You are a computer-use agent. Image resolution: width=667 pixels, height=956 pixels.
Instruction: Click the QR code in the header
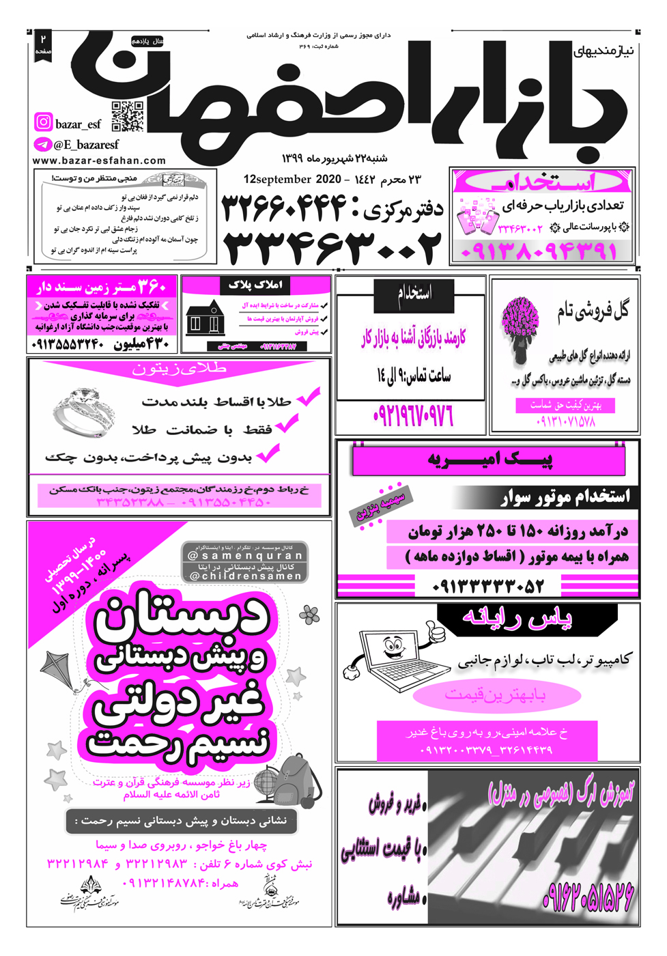[128, 116]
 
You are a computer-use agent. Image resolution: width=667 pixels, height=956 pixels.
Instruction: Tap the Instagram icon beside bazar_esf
[43, 122]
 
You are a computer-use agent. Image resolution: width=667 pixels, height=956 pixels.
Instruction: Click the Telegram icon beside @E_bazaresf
[42, 145]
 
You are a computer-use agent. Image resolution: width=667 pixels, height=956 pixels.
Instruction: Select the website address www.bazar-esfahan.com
[99, 160]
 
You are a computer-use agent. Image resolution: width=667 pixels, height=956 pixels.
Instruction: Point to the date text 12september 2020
[292, 180]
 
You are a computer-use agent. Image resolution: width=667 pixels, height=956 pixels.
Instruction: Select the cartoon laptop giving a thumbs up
[396, 651]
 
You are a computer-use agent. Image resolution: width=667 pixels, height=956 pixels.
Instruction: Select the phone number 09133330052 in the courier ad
[487, 586]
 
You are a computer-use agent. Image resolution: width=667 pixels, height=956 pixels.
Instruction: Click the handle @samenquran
[244, 555]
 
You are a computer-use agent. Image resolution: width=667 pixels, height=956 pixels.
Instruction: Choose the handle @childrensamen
[244, 576]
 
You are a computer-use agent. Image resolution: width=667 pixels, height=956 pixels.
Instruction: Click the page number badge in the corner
[43, 45]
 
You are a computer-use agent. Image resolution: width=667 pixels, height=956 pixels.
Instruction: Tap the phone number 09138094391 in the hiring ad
[539, 251]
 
